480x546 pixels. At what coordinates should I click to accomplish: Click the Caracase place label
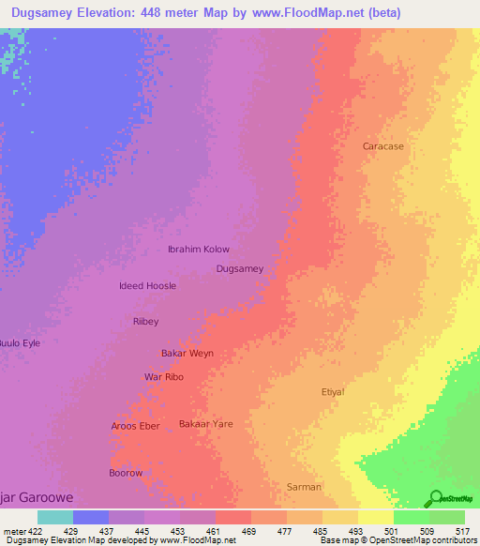383,146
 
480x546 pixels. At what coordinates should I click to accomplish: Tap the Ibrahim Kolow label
198,249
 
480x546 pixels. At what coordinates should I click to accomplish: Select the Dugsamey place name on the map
240,268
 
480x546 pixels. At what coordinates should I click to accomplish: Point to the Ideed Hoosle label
148,285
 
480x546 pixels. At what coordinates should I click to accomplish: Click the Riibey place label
145,321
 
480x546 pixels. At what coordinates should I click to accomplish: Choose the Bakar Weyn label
187,353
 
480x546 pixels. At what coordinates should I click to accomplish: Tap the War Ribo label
163,376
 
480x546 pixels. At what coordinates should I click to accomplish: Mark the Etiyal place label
333,391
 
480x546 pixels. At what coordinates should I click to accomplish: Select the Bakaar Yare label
205,423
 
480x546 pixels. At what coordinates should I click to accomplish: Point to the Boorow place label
126,473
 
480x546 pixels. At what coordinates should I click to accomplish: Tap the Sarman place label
304,487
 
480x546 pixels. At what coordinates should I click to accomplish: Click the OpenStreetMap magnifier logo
434,498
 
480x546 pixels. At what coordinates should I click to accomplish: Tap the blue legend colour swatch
91,517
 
